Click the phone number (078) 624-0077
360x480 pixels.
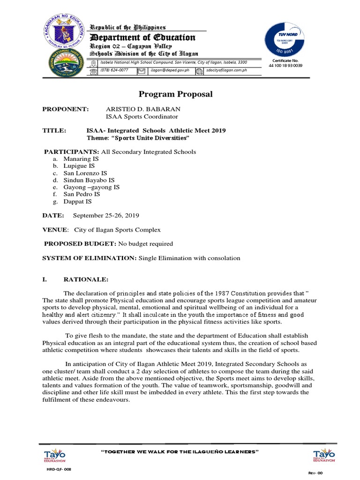tap(114, 70)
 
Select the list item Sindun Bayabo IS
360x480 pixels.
tap(89, 180)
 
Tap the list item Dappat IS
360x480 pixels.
tap(78, 202)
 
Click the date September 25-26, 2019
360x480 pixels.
tap(106, 216)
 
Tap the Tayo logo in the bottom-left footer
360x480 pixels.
tap(55, 455)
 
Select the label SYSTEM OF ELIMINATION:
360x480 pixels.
tap(90, 258)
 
